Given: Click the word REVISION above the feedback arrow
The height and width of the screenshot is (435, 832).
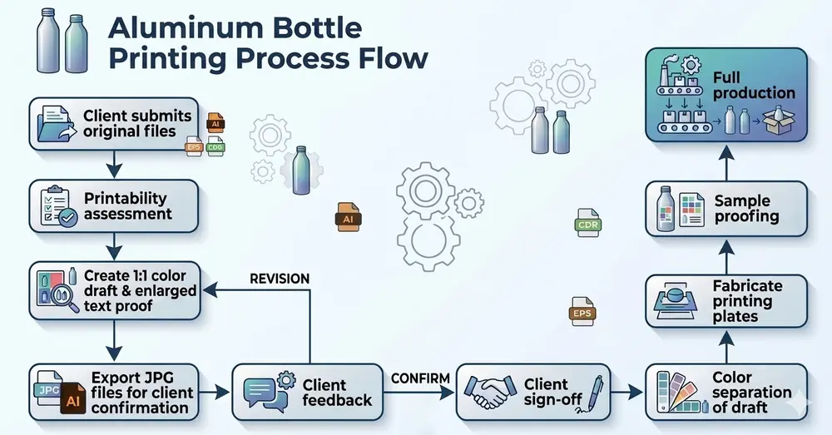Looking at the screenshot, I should [280, 279].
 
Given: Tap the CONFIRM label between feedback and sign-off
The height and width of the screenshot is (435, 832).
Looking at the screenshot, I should [420, 378].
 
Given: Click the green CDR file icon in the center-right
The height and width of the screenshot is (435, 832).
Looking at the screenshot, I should [587, 223].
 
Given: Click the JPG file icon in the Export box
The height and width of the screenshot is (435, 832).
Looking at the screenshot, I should [48, 389].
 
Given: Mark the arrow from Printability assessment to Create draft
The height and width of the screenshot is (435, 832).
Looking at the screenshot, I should [113, 245].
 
